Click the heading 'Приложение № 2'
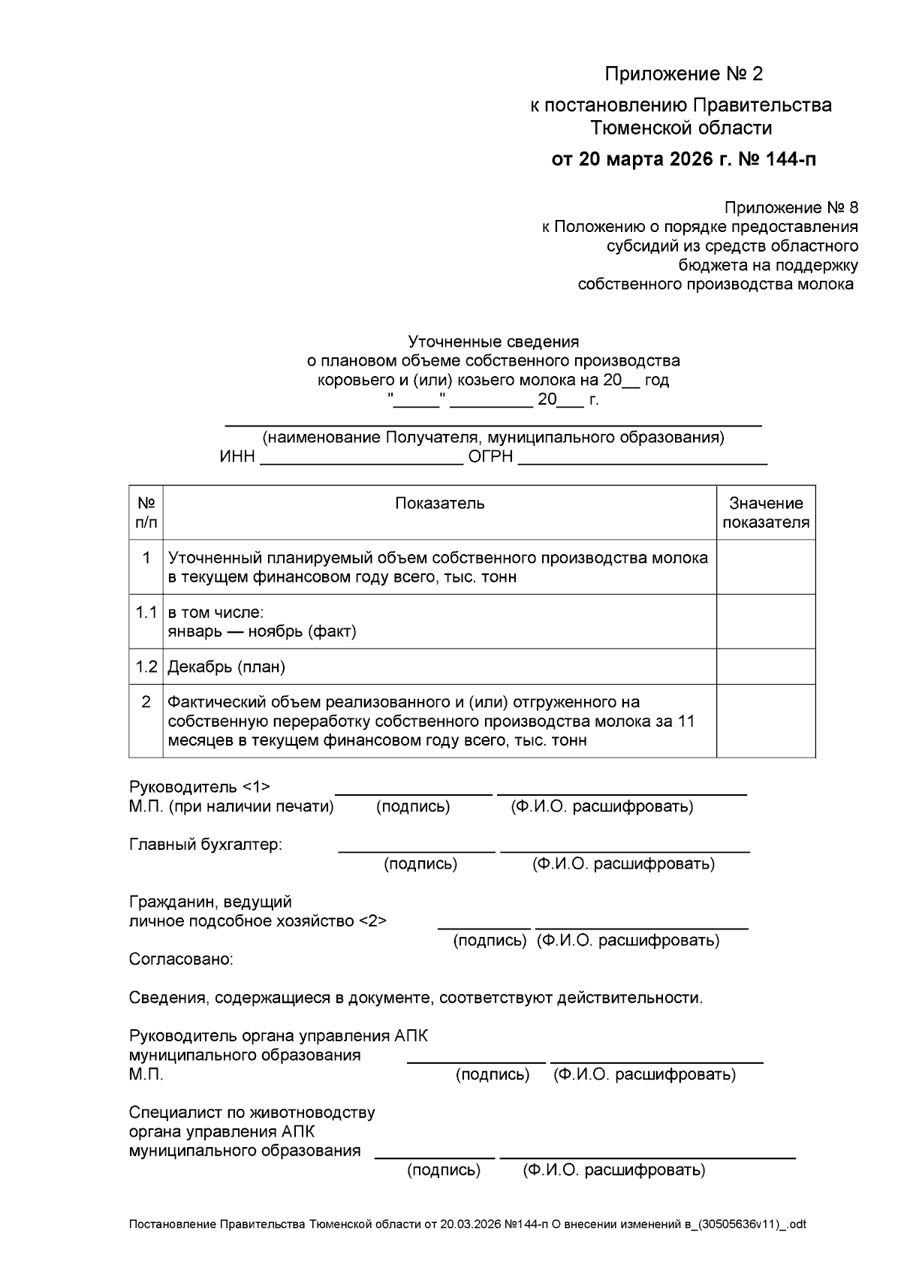pyautogui.click(x=683, y=74)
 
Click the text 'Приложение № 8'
pyautogui.click(x=791, y=207)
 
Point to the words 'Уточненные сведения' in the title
pyautogui.click(x=493, y=342)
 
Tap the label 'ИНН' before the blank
pyautogui.click(x=237, y=457)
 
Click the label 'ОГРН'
pyautogui.click(x=491, y=457)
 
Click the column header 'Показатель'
pyautogui.click(x=439, y=503)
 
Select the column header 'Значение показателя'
pyautogui.click(x=765, y=513)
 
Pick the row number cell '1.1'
pyautogui.click(x=146, y=613)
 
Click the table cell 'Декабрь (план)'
pyautogui.click(x=226, y=667)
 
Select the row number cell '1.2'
pyautogui.click(x=146, y=667)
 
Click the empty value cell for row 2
pyautogui.click(x=765, y=721)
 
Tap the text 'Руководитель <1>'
pyautogui.click(x=199, y=787)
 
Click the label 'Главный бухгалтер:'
pyautogui.click(x=206, y=845)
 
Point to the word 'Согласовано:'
pyautogui.click(x=181, y=959)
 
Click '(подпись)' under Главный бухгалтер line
pyautogui.click(x=420, y=864)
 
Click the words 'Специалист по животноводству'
pyautogui.click(x=252, y=1113)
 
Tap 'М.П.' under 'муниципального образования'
pyautogui.click(x=146, y=1075)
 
